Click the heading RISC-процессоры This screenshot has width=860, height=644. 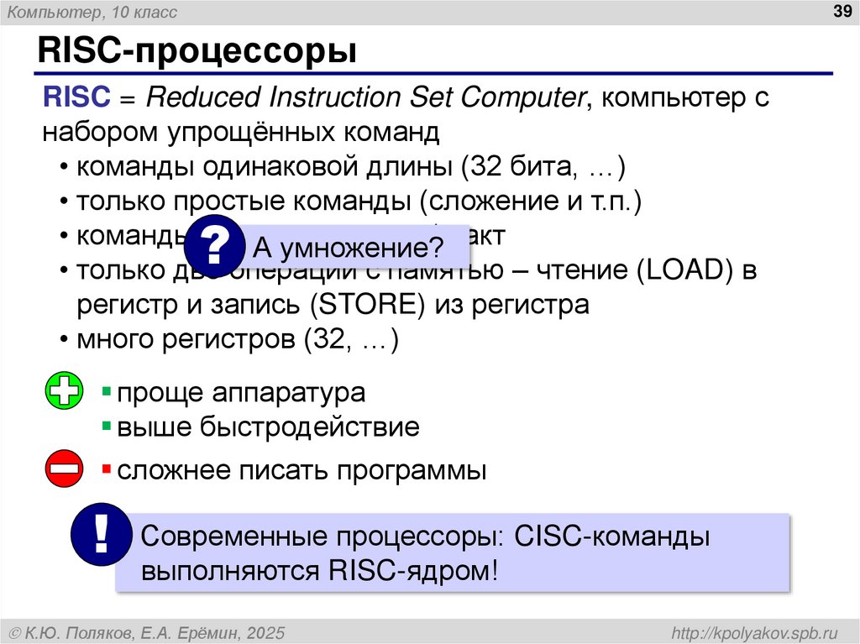196,51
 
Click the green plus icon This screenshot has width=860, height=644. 64,392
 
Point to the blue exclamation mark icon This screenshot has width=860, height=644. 102,537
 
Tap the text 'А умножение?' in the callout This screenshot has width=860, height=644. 349,249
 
